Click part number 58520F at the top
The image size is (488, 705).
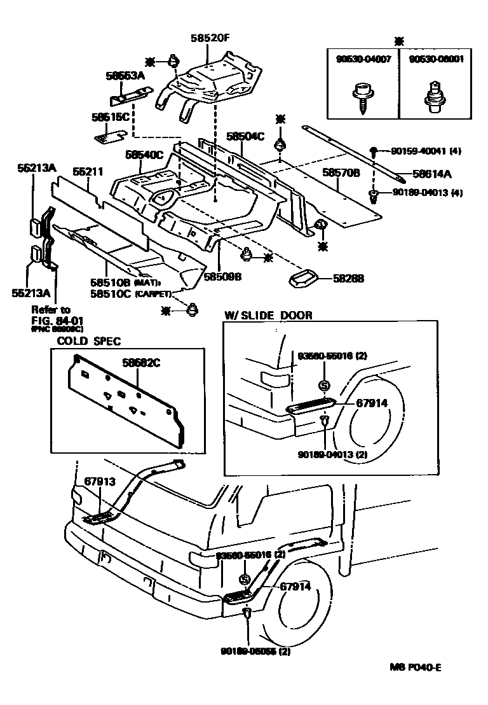tap(209, 38)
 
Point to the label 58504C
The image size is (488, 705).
tap(245, 136)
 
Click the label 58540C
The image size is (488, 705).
tap(144, 154)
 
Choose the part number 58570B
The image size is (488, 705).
tap(341, 172)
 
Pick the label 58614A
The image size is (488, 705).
tap(431, 172)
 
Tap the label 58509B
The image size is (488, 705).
tap(222, 277)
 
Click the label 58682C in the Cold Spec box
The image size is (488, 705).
tap(140, 363)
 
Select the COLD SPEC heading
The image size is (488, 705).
tap(89, 341)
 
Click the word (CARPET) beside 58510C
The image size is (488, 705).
tap(152, 294)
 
